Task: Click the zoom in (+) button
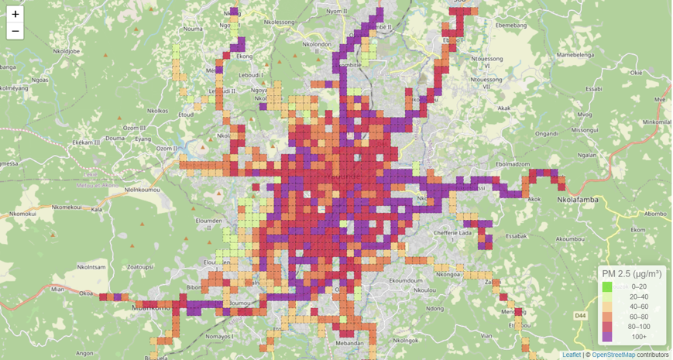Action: [15, 14]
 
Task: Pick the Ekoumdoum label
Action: [403, 281]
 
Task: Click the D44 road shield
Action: [581, 316]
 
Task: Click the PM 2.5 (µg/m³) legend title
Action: [631, 273]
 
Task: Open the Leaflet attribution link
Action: [572, 355]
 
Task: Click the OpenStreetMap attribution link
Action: [613, 355]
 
